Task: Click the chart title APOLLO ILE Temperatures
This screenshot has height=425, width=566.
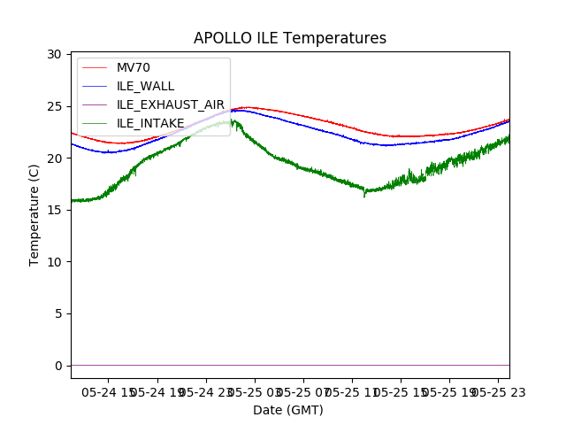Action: tap(290, 39)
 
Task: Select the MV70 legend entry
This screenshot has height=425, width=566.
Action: tap(134, 67)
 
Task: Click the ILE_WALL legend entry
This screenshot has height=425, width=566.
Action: tap(145, 86)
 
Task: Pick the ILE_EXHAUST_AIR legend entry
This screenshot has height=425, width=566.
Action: tap(171, 104)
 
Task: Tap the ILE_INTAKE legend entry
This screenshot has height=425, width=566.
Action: tap(150, 123)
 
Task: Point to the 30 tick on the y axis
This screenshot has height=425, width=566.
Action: tap(54, 55)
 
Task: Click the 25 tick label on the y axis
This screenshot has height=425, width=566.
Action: tap(54, 106)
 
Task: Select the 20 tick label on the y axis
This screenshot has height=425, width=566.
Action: tap(54, 158)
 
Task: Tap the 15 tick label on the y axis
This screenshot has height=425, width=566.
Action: tap(54, 210)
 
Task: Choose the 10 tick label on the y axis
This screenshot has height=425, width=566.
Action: tap(54, 262)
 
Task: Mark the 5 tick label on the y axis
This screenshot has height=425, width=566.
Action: tap(57, 313)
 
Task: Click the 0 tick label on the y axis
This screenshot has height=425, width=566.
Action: tap(57, 366)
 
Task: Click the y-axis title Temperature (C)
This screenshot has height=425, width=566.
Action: tap(34, 214)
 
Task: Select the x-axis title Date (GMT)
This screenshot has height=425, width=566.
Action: tap(288, 410)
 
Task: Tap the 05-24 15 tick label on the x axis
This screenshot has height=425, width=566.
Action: tap(111, 390)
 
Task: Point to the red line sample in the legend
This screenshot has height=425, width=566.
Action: tap(94, 67)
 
